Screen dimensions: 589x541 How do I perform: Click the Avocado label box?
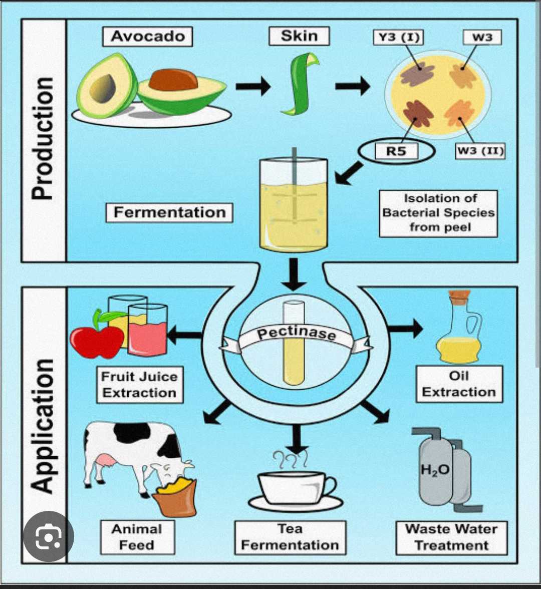coord(147,36)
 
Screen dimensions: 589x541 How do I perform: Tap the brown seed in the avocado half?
coord(173,80)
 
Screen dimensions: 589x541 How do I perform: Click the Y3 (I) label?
coord(398,38)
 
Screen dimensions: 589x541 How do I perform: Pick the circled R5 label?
coord(396,151)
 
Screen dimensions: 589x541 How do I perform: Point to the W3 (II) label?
coord(480,150)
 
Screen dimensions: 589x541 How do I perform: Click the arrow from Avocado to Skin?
coord(253,87)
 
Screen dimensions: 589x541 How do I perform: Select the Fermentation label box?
coord(169,212)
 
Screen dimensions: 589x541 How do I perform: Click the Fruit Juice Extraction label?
coord(140,385)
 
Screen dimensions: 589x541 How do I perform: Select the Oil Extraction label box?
coord(459,384)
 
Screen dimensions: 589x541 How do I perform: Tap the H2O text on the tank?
coord(435,470)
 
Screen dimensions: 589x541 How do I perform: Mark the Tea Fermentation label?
coord(290,537)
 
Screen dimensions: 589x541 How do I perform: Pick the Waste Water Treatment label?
coord(451,537)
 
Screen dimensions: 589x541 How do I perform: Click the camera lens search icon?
coord(48,536)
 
